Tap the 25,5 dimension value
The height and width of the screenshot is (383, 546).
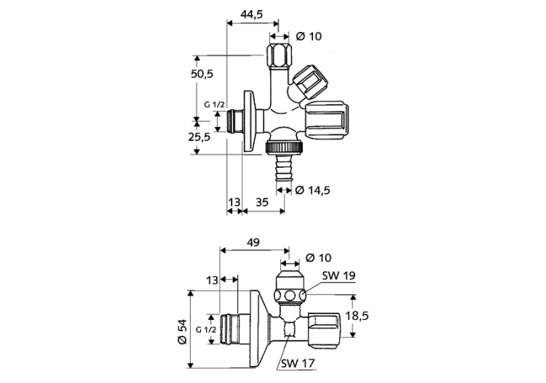pos(199,136)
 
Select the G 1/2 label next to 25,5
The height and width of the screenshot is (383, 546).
pos(215,105)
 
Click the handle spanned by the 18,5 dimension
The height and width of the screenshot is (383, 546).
pos(325,328)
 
